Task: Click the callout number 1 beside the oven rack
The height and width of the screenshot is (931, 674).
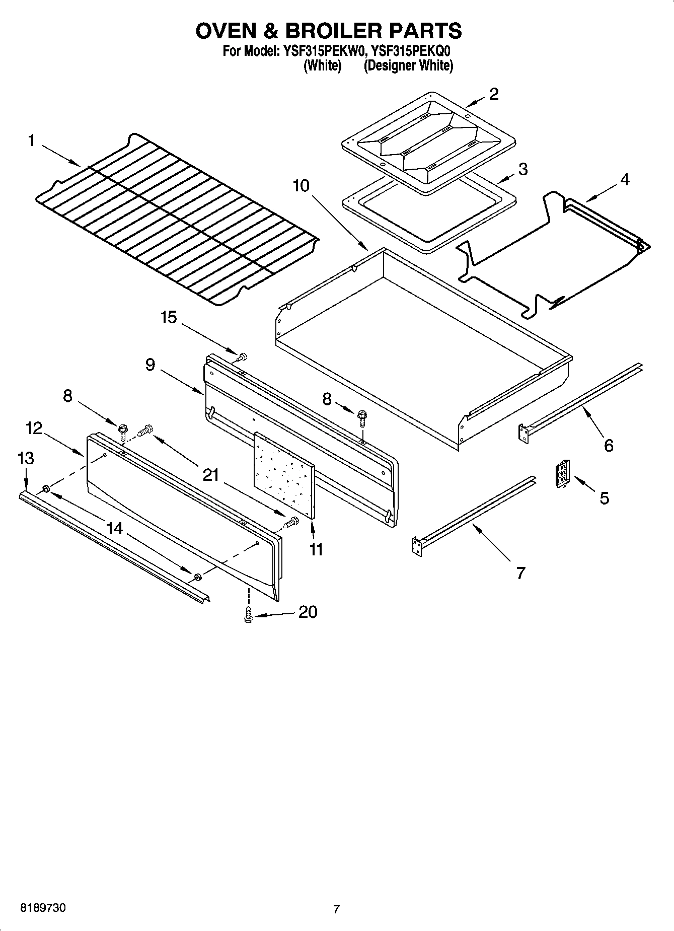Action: (31, 140)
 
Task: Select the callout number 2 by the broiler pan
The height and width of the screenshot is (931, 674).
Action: (494, 94)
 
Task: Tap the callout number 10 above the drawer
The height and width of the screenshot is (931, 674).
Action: (301, 186)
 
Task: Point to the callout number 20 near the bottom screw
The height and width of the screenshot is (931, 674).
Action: (308, 612)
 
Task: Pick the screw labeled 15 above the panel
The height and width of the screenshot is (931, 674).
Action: (242, 357)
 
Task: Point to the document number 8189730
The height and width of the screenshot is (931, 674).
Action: (43, 908)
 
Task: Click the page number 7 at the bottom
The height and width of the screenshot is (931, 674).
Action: (336, 909)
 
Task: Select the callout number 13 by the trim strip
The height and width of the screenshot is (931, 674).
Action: (26, 458)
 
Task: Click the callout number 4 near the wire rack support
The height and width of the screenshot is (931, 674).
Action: (624, 179)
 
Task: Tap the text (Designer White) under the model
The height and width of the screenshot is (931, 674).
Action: (408, 65)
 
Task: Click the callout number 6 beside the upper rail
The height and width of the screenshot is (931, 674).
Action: (609, 445)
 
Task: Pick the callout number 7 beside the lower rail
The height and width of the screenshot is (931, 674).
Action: (520, 572)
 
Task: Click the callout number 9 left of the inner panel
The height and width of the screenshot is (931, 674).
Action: (150, 365)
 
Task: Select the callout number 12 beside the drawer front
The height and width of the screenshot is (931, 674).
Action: (34, 428)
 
